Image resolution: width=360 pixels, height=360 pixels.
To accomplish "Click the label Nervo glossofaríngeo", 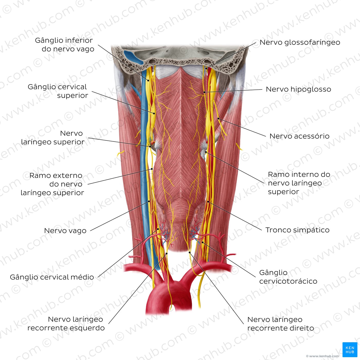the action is [x=300, y=43].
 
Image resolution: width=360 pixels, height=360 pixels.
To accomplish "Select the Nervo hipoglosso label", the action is [x=298, y=89].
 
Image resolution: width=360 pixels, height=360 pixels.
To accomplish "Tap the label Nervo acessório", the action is [x=299, y=136].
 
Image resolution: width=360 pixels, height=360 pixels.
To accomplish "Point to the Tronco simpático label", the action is [x=297, y=230].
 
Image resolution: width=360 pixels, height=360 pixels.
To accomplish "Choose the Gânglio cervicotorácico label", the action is [x=288, y=277].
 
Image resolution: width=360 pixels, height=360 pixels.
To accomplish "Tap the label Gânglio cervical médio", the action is [x=52, y=277].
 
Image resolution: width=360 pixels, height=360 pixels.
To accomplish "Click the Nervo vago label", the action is [x=65, y=231].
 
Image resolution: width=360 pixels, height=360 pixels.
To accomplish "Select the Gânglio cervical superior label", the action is [x=58, y=91].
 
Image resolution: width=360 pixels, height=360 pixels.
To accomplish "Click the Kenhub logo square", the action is [x=350, y=349].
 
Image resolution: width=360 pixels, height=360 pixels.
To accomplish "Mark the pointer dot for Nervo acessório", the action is [x=218, y=119].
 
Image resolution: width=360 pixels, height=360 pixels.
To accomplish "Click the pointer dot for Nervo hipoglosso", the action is [x=204, y=92].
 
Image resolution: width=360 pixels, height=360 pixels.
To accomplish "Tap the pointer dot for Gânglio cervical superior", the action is [x=154, y=113].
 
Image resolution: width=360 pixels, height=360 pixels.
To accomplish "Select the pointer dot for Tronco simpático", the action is [x=208, y=202].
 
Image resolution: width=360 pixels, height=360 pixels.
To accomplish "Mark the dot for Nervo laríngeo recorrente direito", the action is [x=190, y=253].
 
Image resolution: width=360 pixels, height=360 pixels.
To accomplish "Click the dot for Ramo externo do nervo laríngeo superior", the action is [x=152, y=169].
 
